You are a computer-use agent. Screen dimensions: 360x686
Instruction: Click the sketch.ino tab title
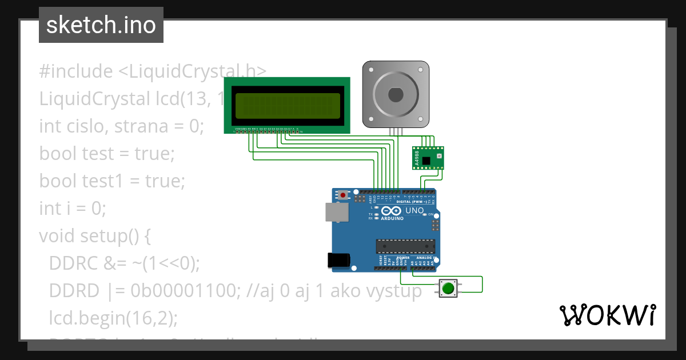coord(101,25)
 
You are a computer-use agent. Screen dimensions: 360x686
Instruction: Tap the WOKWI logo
coord(607,315)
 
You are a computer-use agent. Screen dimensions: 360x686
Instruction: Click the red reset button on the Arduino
coord(343,195)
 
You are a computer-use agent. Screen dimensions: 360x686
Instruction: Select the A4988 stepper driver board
coord(428,158)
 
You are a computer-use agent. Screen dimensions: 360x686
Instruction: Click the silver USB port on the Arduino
coord(337,212)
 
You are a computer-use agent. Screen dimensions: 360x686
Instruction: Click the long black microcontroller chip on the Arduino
coord(406,246)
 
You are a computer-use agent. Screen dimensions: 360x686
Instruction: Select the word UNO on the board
coord(414,211)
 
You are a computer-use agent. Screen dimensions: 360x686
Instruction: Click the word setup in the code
coord(105,235)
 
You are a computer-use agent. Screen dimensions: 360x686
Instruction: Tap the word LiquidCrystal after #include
coord(178,71)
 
